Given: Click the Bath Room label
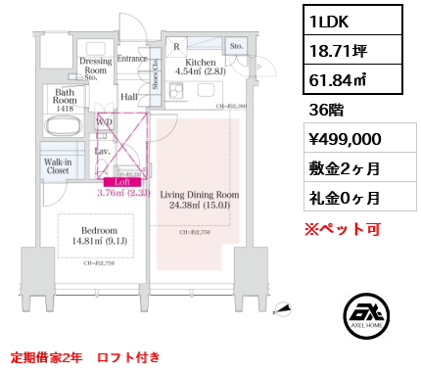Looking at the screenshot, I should (x=65, y=98).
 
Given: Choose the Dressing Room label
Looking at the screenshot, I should (x=94, y=65).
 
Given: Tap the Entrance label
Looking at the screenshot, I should (x=132, y=59).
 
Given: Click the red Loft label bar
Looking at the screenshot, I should (x=122, y=181).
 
